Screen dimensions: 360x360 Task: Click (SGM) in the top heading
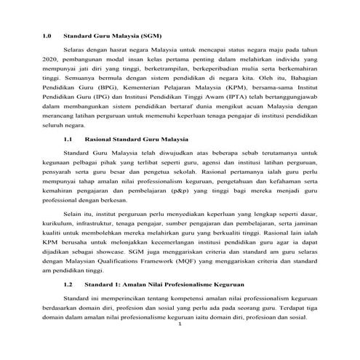pos(148,33)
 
